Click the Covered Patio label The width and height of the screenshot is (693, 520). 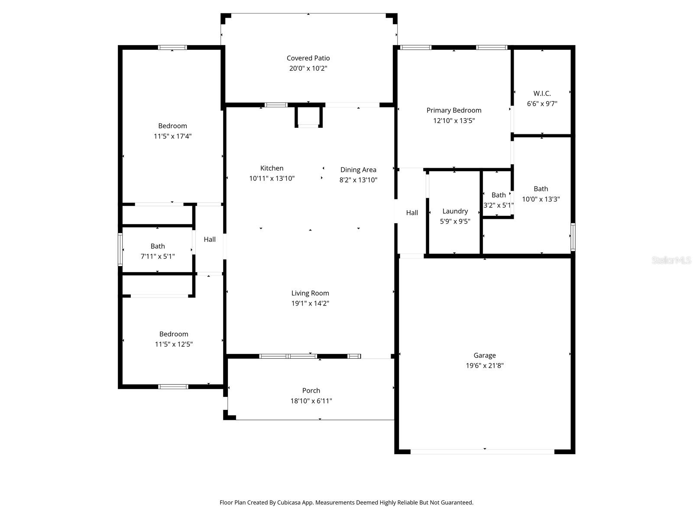308,58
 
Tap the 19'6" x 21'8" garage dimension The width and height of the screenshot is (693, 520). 484,366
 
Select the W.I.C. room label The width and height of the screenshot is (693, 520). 542,94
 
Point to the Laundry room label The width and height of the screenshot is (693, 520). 455,211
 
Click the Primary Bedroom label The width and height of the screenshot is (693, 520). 453,110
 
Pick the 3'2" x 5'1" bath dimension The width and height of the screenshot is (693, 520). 499,205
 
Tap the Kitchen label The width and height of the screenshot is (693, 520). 272,168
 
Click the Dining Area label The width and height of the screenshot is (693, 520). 358,170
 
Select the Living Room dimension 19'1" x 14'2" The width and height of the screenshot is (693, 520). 310,304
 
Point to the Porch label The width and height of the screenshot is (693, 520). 311,390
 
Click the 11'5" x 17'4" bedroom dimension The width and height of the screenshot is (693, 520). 172,136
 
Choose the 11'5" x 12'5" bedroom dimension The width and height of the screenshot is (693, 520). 174,344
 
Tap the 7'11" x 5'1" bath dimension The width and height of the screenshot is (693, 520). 158,257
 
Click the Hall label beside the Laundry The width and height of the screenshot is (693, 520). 412,213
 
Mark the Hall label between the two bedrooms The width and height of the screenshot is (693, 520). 210,239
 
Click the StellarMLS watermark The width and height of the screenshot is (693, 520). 671,260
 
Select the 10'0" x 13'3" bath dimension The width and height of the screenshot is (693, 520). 541,199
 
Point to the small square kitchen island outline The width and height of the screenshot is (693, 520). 309,117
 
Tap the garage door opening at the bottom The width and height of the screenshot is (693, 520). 482,452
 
